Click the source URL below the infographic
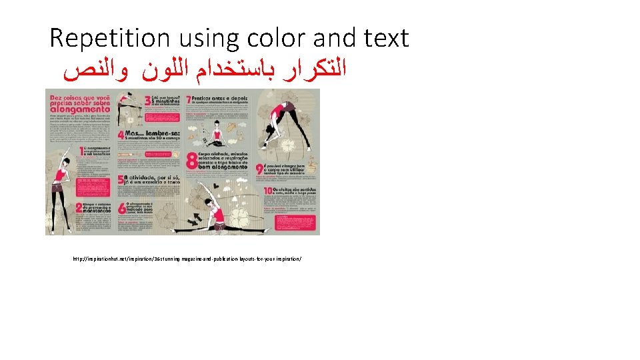187,257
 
